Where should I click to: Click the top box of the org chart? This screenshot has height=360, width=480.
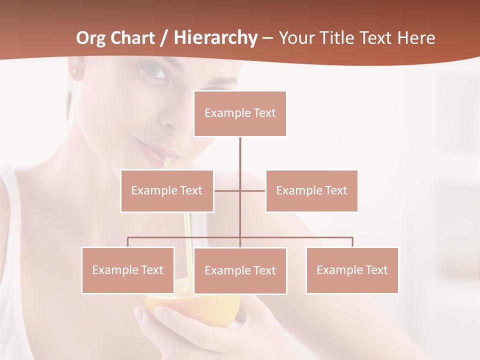(x=240, y=113)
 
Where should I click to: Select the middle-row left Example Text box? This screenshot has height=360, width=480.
(x=167, y=190)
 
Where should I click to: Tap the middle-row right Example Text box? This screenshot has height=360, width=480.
(x=311, y=190)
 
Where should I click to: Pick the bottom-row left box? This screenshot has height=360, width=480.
(x=128, y=270)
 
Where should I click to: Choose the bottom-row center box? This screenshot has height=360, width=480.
(x=240, y=270)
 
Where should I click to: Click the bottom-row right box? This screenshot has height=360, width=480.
(x=352, y=270)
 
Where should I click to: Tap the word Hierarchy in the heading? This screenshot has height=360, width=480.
(x=215, y=38)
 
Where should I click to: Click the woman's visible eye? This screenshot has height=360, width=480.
(x=155, y=73)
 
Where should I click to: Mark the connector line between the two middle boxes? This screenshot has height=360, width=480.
(x=240, y=190)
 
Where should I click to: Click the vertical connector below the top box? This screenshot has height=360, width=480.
(x=240, y=155)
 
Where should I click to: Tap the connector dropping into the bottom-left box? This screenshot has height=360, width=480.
(x=128, y=242)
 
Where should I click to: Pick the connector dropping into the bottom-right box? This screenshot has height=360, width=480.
(x=352, y=242)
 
